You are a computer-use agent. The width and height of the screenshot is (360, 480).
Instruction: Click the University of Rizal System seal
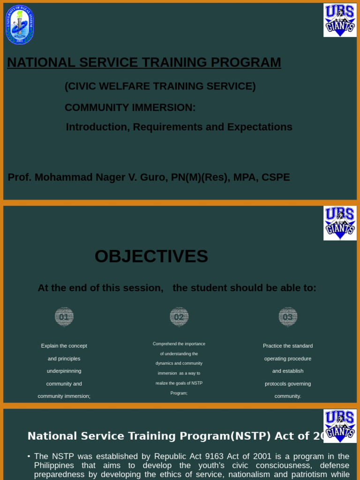[x=20, y=25]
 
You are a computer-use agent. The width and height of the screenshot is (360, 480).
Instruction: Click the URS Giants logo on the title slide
[x=340, y=20]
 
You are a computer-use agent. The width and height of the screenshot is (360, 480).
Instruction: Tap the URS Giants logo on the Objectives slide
[x=340, y=223]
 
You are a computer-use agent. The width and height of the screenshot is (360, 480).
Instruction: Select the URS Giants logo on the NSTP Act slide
[x=340, y=426]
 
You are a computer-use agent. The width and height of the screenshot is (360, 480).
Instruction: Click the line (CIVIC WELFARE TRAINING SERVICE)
[x=160, y=86]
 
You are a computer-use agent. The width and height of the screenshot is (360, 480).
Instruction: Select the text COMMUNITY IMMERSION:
[x=130, y=107]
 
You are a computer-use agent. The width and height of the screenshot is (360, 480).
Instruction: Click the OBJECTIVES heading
[x=151, y=256]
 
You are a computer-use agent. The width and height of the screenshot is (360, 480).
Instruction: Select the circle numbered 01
[x=64, y=317]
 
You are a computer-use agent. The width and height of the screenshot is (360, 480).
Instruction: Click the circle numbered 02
[x=179, y=317]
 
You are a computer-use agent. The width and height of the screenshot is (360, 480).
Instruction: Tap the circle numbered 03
[x=288, y=317]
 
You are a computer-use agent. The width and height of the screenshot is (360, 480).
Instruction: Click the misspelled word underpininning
[x=64, y=371]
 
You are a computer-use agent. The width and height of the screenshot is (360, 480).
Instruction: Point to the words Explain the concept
[x=64, y=346]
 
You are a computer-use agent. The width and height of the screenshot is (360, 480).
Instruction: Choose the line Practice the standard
[x=288, y=346]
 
